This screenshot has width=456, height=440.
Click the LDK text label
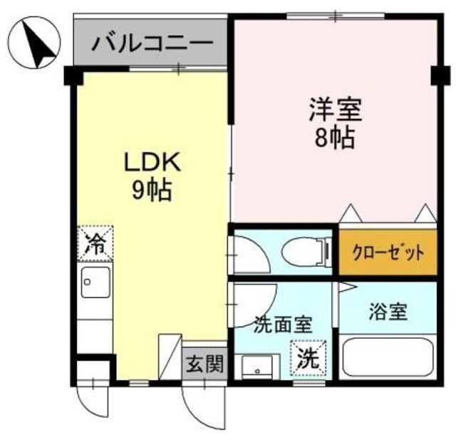(x=154, y=163)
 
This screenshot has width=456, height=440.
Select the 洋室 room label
(x=336, y=111)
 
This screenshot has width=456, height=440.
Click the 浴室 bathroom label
(x=388, y=312)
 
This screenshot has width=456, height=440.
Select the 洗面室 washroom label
(x=284, y=324)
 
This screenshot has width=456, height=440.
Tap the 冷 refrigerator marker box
(x=95, y=243)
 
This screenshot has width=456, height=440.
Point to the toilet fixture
(x=306, y=252)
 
